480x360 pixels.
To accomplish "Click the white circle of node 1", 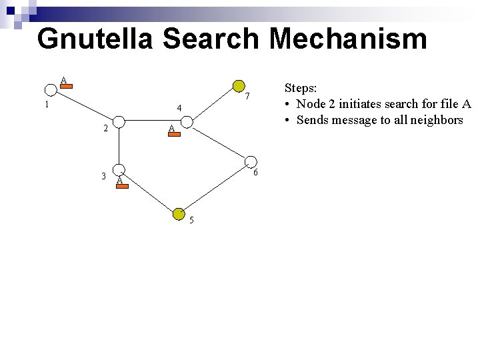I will pyautogui.click(x=50, y=90).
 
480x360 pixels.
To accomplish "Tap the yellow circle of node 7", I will pyautogui.click(x=238, y=85).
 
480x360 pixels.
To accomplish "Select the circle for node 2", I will pyautogui.click(x=118, y=122).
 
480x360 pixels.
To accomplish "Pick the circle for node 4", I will pyautogui.click(x=187, y=122).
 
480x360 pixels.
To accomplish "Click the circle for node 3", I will pyautogui.click(x=118, y=170).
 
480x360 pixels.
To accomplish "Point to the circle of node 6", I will pyautogui.click(x=251, y=162).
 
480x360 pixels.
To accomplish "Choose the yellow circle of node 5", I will pyautogui.click(x=179, y=213).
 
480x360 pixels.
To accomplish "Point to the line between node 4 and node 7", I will pyautogui.click(x=213, y=104).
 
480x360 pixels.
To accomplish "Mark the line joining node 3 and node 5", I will pyautogui.click(x=148, y=191).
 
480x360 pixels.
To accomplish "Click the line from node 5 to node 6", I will pyautogui.click(x=215, y=188).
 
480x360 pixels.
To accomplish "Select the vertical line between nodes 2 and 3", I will pyautogui.click(x=118, y=146).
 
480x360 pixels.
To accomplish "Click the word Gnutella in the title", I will pyautogui.click(x=95, y=39).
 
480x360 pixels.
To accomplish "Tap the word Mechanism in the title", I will pyautogui.click(x=348, y=39).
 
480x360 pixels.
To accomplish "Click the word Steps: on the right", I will pyautogui.click(x=301, y=87).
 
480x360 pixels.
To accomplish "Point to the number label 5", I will pyautogui.click(x=191, y=221).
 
